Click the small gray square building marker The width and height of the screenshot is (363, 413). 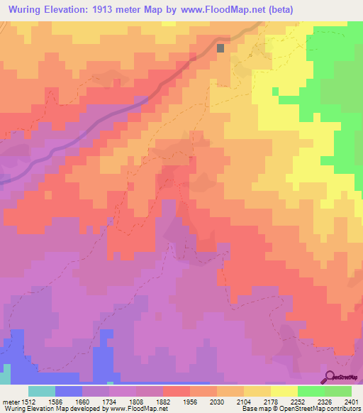click(x=220, y=48)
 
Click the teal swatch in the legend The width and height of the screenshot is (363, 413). click(x=42, y=391)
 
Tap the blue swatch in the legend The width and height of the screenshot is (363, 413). click(x=69, y=391)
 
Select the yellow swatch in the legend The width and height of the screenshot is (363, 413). click(x=284, y=391)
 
